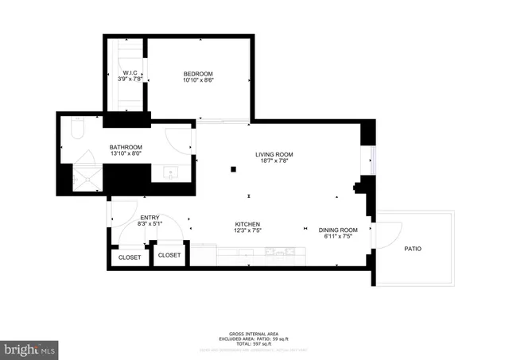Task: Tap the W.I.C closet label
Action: point(129,72)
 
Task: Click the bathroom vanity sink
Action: point(170,173)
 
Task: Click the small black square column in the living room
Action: point(233,169)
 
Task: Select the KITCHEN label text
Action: point(247,224)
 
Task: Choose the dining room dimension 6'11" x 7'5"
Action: point(338,237)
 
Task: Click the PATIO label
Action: point(412,249)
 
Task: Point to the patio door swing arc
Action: point(389,232)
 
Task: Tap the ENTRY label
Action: point(150,217)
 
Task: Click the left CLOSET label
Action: point(130,257)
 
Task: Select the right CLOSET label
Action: point(169,255)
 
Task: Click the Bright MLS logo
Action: point(29,348)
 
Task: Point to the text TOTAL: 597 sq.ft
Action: point(254,343)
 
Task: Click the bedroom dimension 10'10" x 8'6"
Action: point(198,79)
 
